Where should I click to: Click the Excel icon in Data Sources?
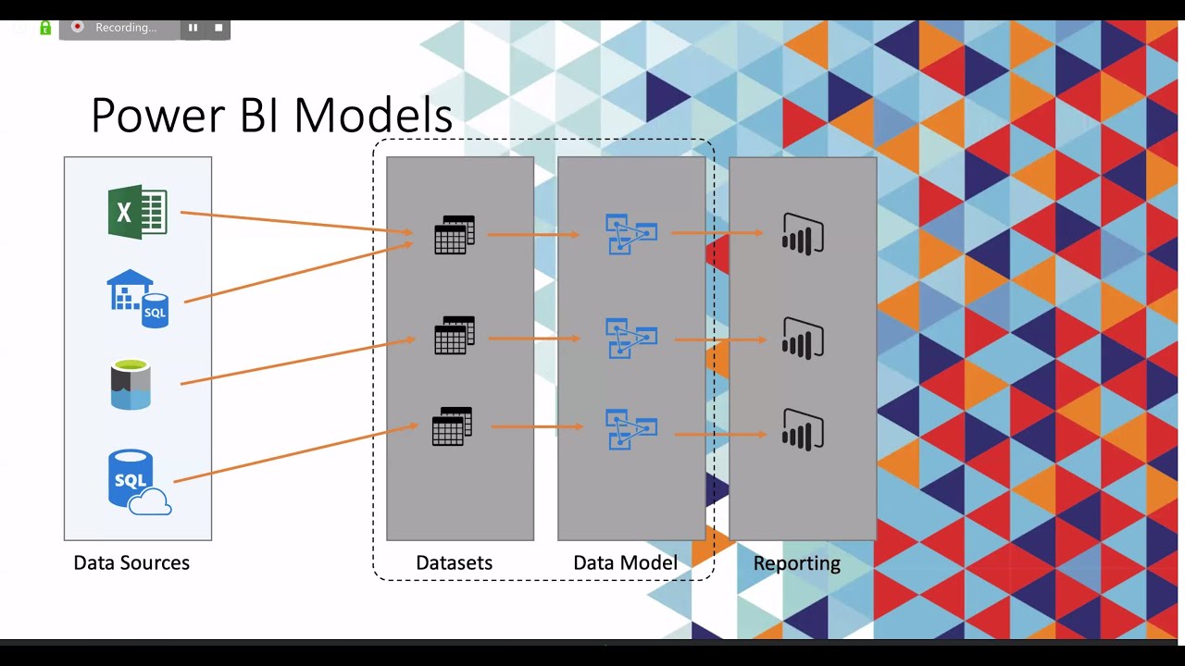point(137,213)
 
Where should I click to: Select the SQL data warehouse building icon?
point(137,298)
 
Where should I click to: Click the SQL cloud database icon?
point(138,482)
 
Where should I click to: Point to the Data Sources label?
point(131,562)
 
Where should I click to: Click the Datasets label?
point(454,562)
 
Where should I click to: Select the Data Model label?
point(625,562)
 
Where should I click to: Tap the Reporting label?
point(796,562)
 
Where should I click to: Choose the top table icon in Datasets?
point(454,235)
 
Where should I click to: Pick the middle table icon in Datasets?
point(454,336)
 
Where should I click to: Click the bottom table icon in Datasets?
point(452,426)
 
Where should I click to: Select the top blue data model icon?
point(630,234)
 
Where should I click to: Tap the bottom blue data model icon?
point(630,429)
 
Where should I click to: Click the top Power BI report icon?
point(803,234)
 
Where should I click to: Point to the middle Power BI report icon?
point(803,339)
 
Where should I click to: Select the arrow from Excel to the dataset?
point(296,222)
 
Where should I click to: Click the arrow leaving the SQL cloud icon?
point(296,453)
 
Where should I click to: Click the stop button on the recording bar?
point(218,28)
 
